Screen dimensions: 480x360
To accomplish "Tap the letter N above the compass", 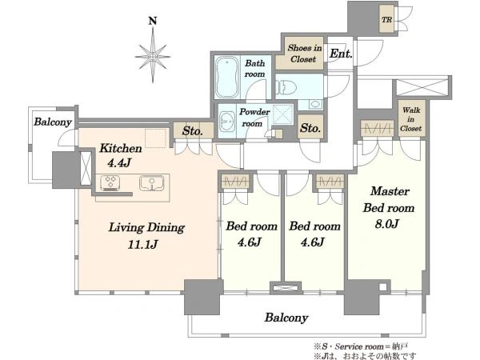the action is (x=153, y=21).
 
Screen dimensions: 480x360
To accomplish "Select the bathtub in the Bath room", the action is (x=227, y=77).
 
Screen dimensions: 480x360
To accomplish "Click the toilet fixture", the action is (x=286, y=87).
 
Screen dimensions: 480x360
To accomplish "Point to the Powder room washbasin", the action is (x=227, y=122).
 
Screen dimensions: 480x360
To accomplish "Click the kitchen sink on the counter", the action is (x=151, y=183).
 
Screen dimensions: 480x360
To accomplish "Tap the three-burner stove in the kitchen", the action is (x=110, y=182).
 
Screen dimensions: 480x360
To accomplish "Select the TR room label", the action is (x=386, y=20).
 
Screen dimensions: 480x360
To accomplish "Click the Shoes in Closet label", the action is (x=304, y=54).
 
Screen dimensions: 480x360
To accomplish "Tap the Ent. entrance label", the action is (x=341, y=54).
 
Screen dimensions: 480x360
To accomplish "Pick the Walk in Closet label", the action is (x=411, y=119).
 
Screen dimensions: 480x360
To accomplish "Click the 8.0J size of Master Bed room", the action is (x=386, y=224).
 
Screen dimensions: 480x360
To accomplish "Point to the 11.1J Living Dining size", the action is (x=142, y=244).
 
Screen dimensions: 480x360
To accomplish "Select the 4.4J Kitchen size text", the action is (x=120, y=162).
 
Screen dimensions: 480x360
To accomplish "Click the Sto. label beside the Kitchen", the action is (x=192, y=131).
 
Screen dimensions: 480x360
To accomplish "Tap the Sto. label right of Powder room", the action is (x=310, y=127).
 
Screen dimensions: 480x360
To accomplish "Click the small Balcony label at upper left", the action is (x=53, y=122).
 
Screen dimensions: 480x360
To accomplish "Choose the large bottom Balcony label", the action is (x=286, y=318).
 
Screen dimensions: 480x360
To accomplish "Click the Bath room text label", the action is (x=254, y=69).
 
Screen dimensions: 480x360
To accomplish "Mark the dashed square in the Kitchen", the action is (x=155, y=138).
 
